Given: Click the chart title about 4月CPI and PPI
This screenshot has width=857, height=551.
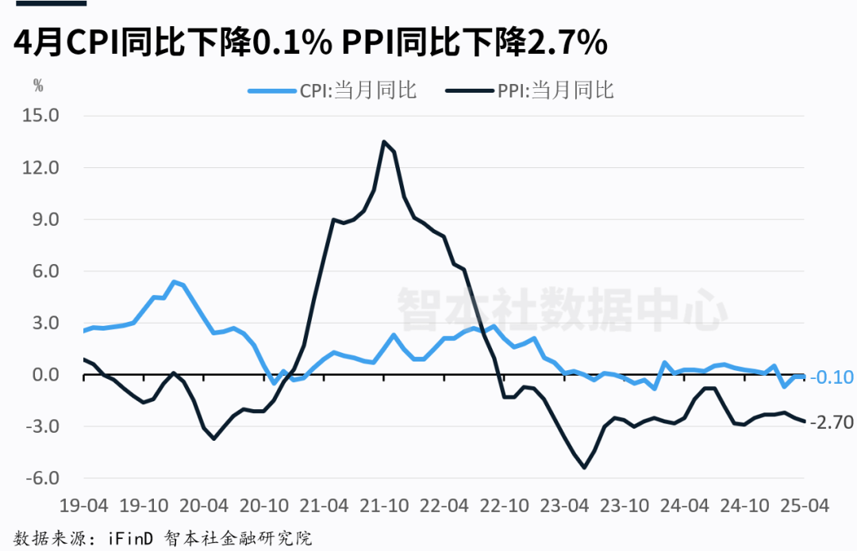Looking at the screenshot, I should click(x=309, y=43).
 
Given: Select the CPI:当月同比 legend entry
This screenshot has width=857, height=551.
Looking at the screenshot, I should click(x=332, y=90).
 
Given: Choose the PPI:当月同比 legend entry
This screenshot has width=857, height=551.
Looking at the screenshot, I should click(x=530, y=90).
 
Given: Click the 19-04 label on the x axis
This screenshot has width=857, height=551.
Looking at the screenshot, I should click(x=83, y=505).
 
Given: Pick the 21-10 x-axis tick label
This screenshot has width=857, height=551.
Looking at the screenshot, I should click(x=384, y=505).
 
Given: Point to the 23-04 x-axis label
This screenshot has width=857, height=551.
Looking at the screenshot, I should click(x=565, y=505).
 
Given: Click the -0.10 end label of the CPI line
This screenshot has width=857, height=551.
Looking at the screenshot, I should click(x=832, y=377).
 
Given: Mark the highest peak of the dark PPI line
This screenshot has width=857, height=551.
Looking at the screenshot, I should click(x=384, y=142).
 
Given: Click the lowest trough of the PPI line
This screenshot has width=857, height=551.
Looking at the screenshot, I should click(x=585, y=468).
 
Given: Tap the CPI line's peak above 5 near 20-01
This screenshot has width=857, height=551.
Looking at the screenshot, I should click(x=174, y=281).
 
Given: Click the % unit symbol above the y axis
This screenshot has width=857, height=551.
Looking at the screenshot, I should click(x=38, y=83).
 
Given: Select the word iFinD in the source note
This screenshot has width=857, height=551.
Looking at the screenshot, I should click(x=129, y=538).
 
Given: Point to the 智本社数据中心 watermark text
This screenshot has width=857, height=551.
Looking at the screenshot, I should click(x=561, y=308).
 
